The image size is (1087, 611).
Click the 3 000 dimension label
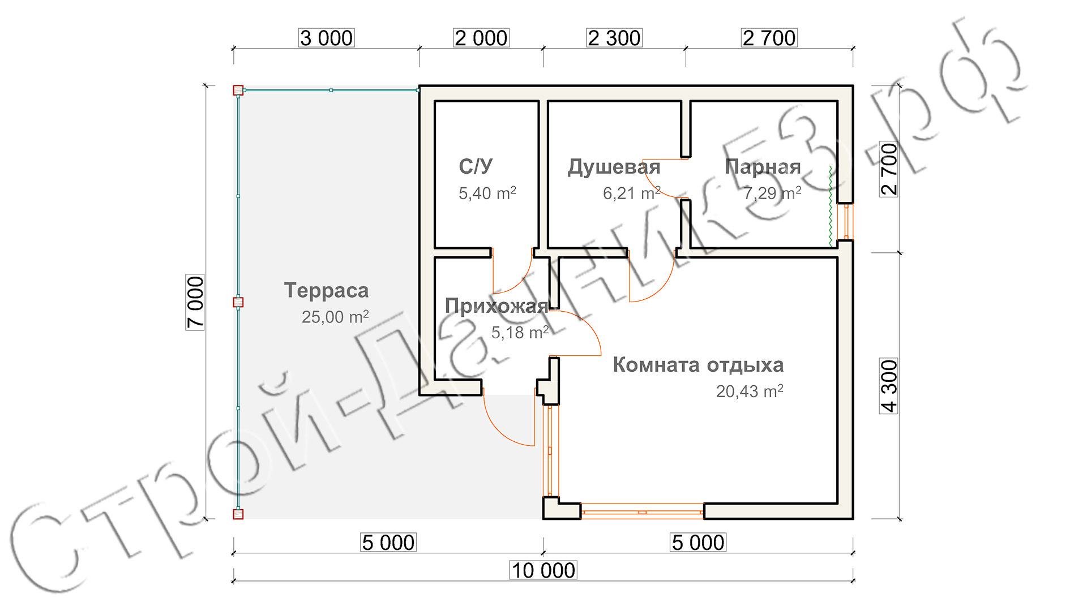pyautogui.click(x=327, y=38)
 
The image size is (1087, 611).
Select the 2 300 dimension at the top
pyautogui.click(x=614, y=38)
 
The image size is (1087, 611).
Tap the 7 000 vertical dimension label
pyautogui.click(x=195, y=302)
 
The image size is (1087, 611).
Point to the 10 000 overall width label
pyautogui.click(x=543, y=570)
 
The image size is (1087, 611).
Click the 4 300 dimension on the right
pyautogui.click(x=889, y=386)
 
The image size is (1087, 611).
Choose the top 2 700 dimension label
pyautogui.click(x=769, y=38)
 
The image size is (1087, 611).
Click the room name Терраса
pyautogui.click(x=327, y=290)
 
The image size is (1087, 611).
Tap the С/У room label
pyautogui.click(x=476, y=166)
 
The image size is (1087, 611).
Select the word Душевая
pyautogui.click(x=614, y=167)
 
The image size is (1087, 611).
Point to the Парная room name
pyautogui.click(x=763, y=167)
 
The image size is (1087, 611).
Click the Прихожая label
pyautogui.click(x=497, y=306)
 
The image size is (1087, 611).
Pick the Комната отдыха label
pyautogui.click(x=698, y=365)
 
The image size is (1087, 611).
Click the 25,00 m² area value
pyautogui.click(x=335, y=317)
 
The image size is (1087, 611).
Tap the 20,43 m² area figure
pyautogui.click(x=750, y=391)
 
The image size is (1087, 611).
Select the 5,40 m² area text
pyautogui.click(x=487, y=193)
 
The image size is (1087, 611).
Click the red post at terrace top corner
pyautogui.click(x=238, y=90)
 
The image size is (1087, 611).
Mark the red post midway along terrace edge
pyautogui.click(x=238, y=302)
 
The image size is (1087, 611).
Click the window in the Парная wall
pyautogui.click(x=847, y=222)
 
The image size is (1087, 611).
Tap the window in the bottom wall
pyautogui.click(x=643, y=512)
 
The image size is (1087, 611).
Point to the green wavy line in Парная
pyautogui.click(x=831, y=206)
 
